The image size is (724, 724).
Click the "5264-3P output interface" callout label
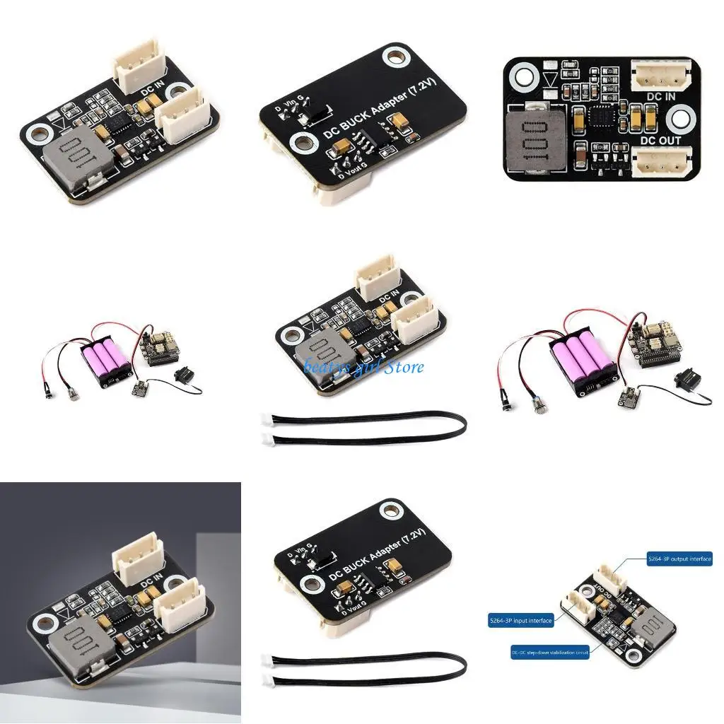pos(679,559)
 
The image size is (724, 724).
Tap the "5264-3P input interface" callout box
pos(520,621)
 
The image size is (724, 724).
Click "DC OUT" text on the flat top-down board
pos(660,141)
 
